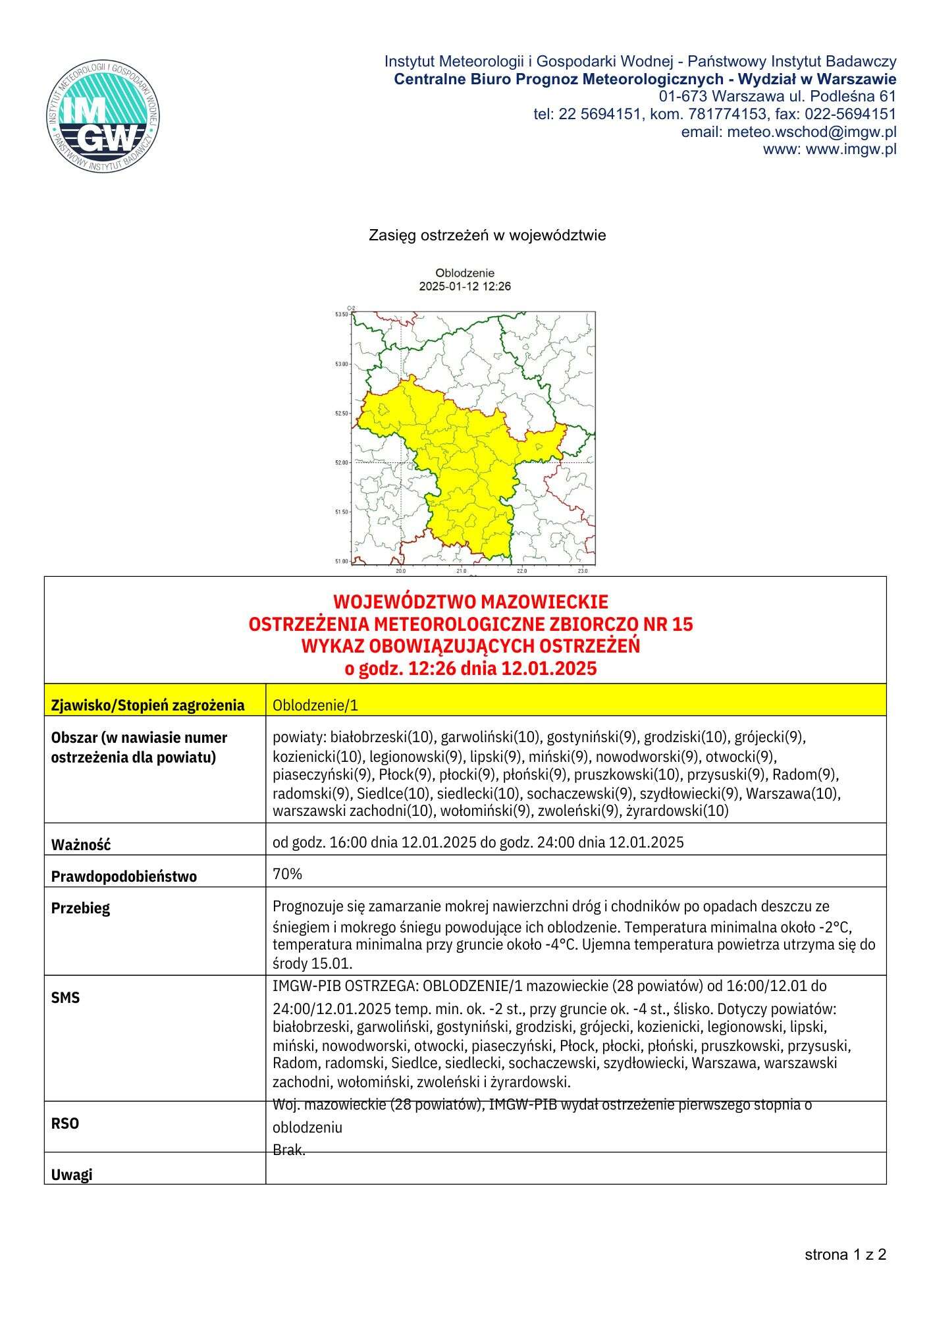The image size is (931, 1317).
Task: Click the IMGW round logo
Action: tap(104, 117)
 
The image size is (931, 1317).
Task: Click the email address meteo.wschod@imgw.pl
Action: tap(811, 132)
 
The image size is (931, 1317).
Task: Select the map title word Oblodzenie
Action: tap(465, 273)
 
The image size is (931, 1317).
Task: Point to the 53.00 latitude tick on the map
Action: tap(341, 364)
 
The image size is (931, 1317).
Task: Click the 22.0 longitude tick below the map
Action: tap(522, 571)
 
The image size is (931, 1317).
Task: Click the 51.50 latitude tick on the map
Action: tap(341, 512)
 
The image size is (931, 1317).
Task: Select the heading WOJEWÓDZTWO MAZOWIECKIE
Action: tap(470, 602)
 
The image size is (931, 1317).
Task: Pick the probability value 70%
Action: tap(287, 874)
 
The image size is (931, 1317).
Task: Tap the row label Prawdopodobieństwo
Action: tap(124, 876)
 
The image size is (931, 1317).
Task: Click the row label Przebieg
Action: tap(81, 908)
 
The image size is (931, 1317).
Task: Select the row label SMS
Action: tap(65, 998)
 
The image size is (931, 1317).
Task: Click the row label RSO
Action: tap(65, 1123)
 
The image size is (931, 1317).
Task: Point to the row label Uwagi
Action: tap(72, 1174)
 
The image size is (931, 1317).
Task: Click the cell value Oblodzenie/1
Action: tap(315, 705)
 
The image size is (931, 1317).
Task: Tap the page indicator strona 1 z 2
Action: tap(845, 1254)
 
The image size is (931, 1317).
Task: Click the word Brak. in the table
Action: tap(288, 1150)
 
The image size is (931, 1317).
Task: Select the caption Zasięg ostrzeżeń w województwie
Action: tap(487, 235)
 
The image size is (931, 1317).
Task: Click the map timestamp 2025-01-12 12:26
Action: tap(465, 286)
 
